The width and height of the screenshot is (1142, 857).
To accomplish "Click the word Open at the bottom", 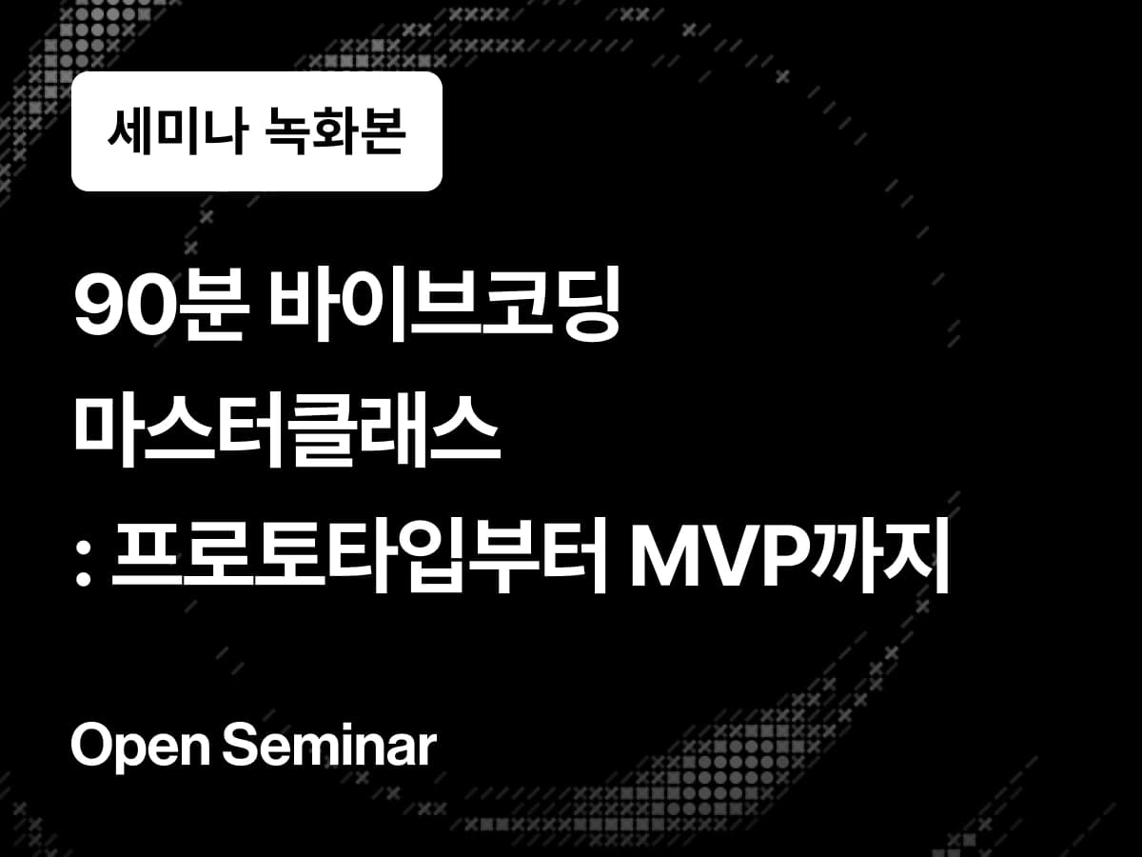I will tap(139, 747).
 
